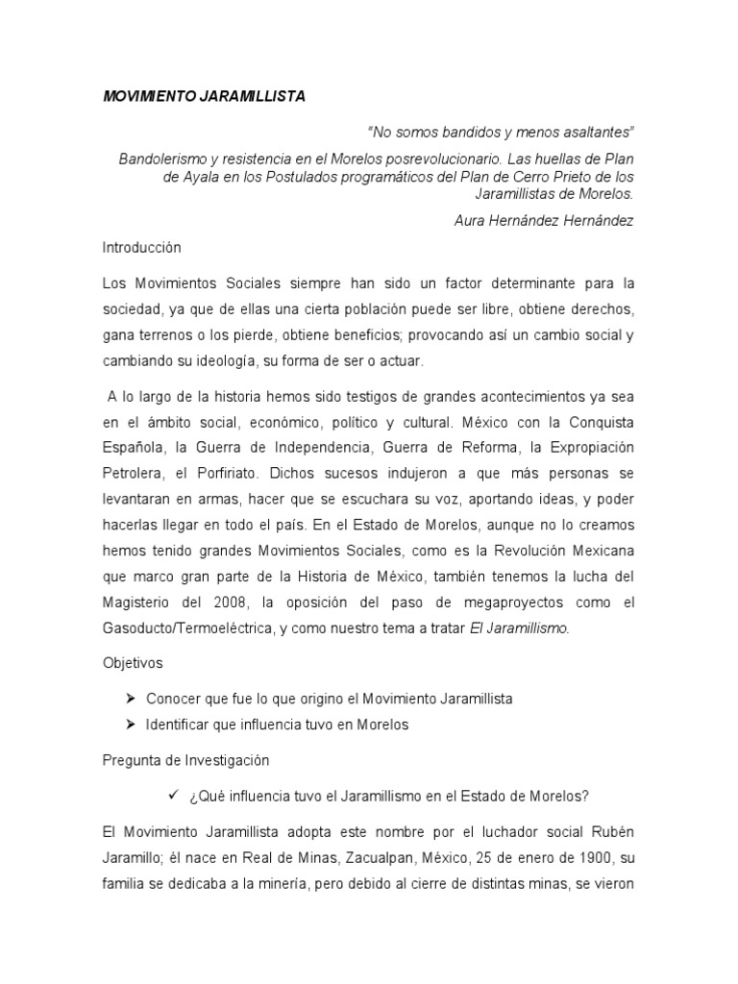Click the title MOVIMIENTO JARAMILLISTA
205,97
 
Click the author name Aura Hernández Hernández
545,220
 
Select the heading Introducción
142,247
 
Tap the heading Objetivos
134,663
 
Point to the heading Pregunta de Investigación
186,760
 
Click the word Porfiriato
223,473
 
